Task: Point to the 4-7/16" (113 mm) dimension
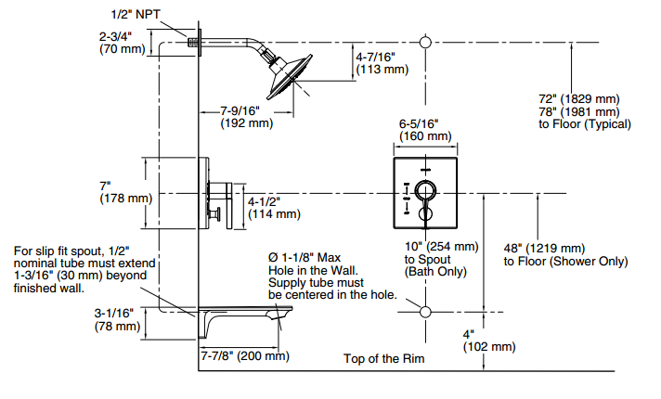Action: [x=382, y=62]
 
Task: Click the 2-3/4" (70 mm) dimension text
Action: [x=122, y=42]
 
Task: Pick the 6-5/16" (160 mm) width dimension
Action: [x=424, y=129]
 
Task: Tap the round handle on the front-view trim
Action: [x=424, y=192]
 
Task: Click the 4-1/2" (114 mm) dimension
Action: [x=274, y=207]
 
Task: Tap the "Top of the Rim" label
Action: [x=383, y=359]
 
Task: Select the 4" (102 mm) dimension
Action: [x=489, y=340]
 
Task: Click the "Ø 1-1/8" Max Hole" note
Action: [x=331, y=276]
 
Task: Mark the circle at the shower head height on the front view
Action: [x=425, y=43]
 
